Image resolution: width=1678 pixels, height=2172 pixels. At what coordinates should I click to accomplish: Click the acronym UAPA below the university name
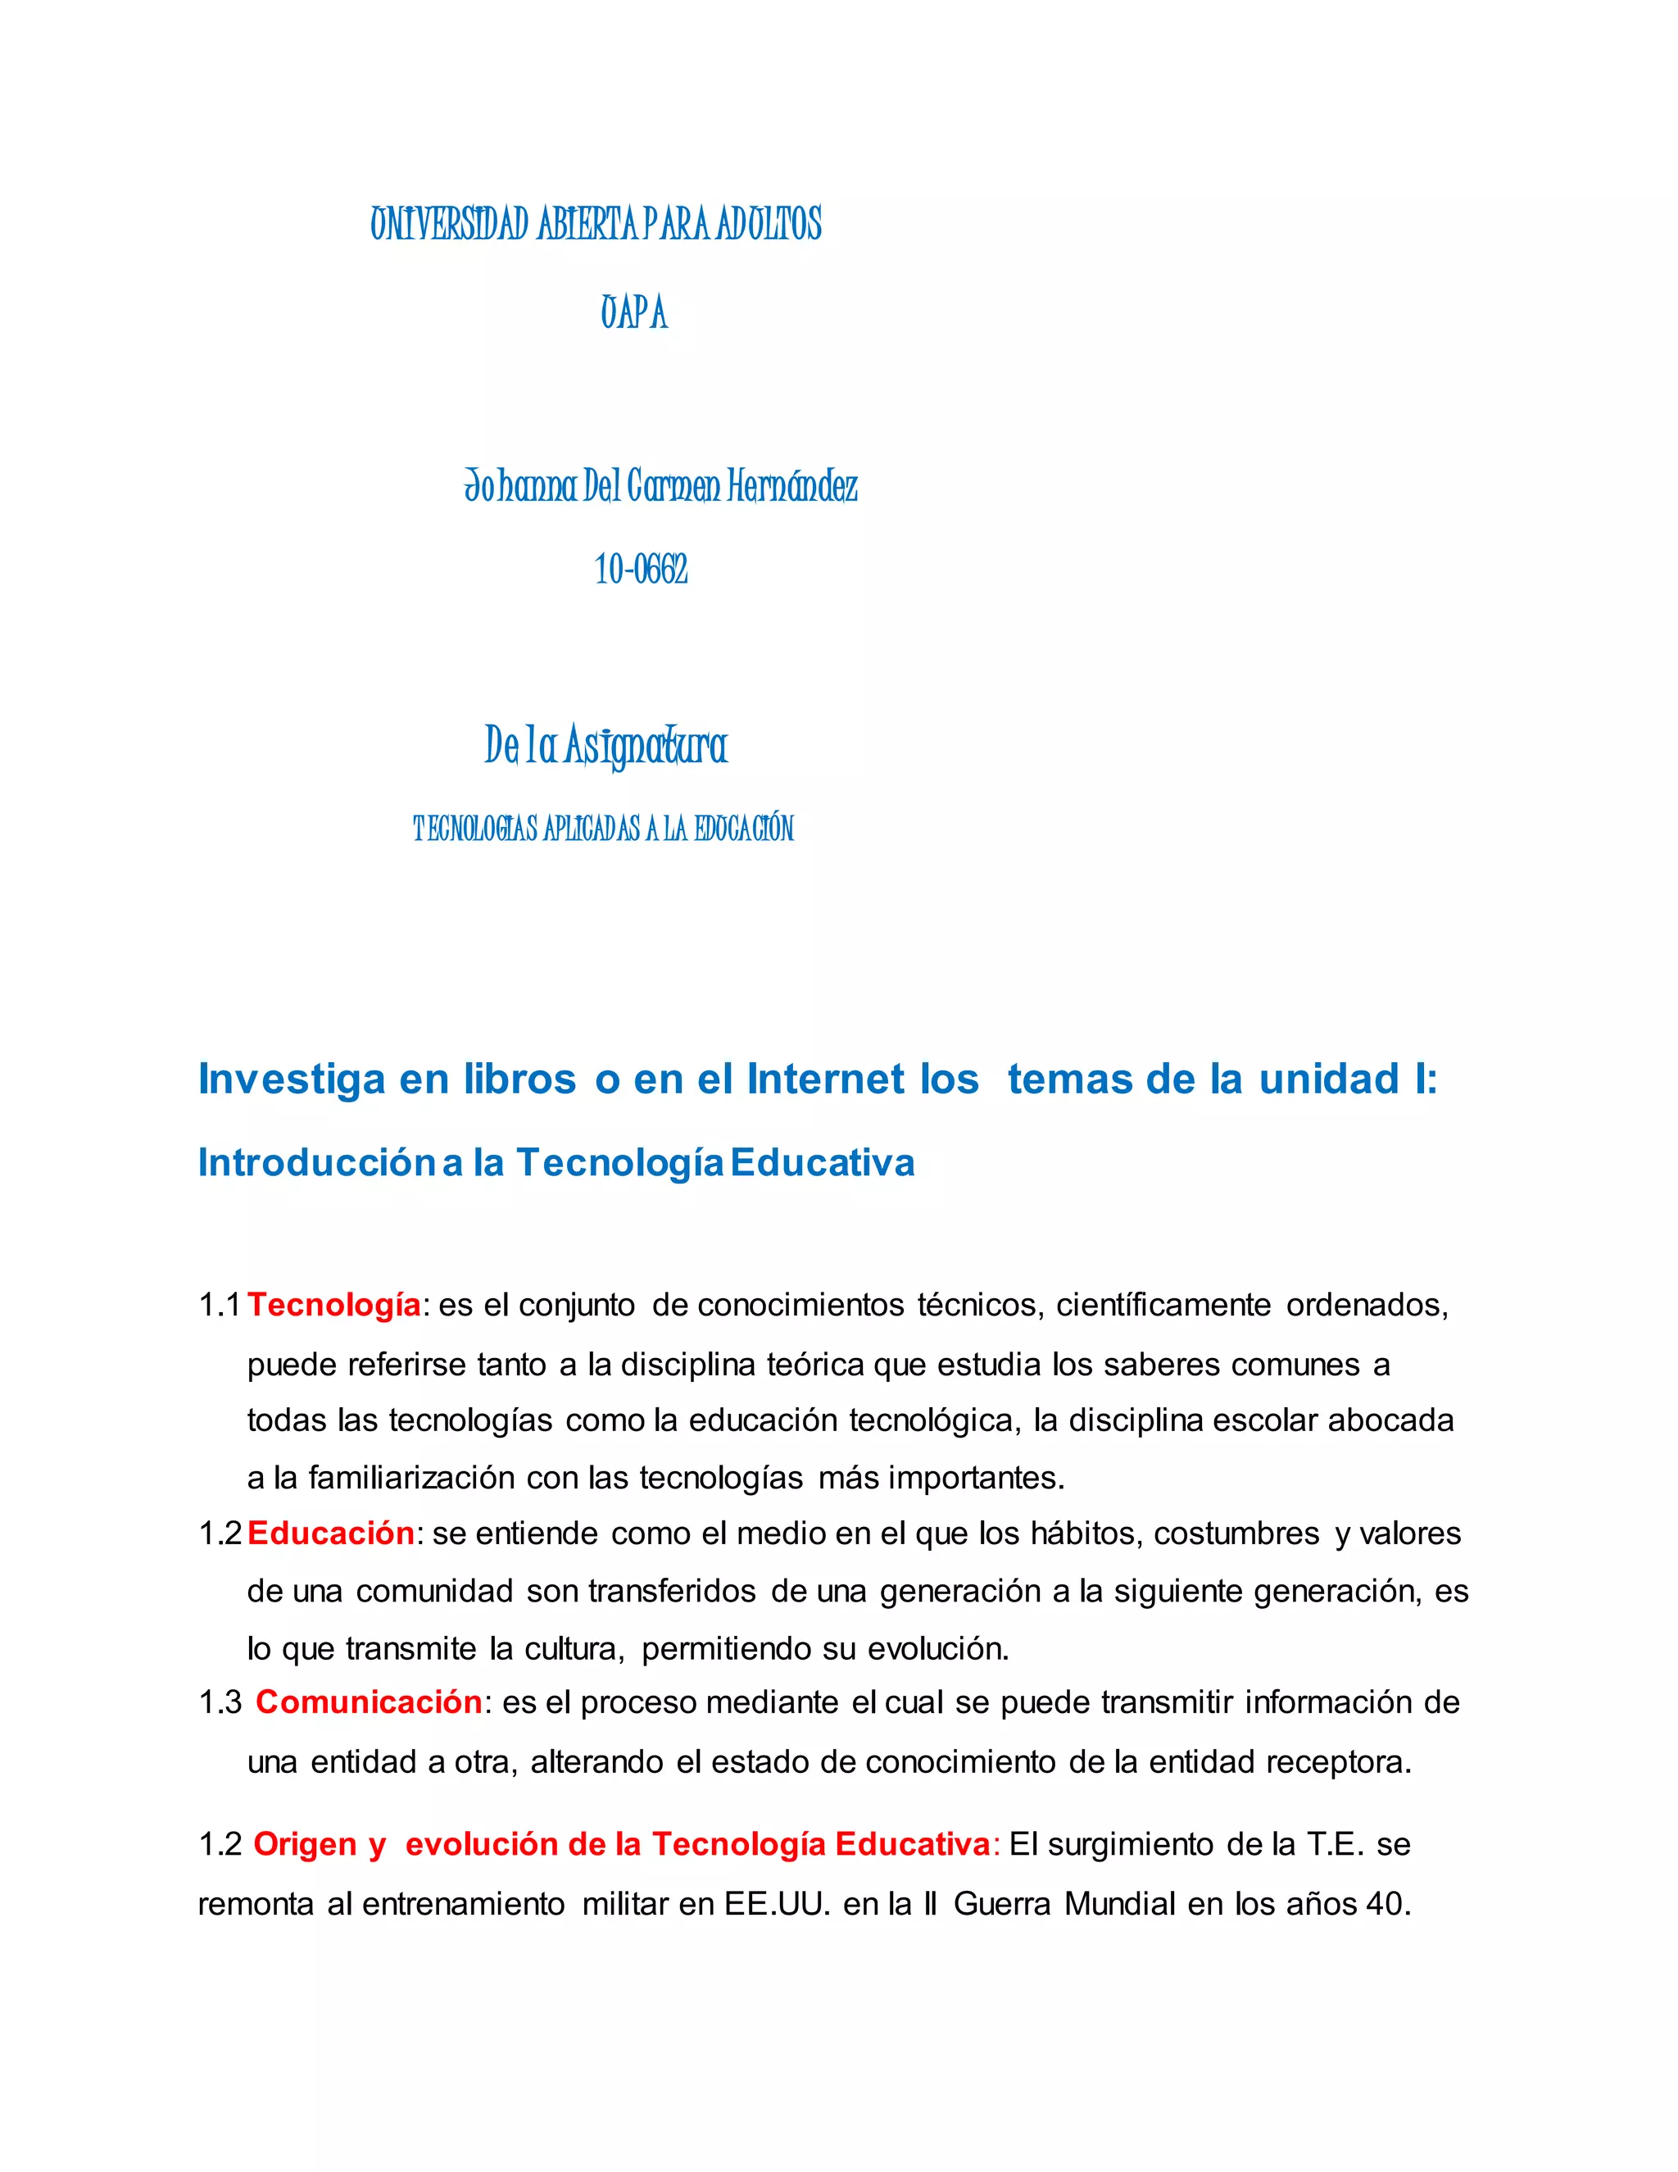(633, 313)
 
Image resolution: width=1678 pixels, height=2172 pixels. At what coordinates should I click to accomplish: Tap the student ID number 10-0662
(642, 570)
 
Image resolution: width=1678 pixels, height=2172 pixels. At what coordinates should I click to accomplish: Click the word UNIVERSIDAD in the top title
(449, 225)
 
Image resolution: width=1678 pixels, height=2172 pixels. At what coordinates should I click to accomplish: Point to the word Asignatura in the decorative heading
(646, 746)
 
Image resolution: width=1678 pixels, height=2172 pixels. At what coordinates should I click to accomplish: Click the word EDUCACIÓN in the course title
(744, 829)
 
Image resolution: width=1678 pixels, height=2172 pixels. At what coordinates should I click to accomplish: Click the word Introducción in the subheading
(316, 1162)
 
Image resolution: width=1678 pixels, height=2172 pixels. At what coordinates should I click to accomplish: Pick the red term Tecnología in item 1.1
(334, 1305)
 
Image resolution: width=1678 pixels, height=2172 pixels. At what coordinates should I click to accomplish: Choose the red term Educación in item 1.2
(331, 1534)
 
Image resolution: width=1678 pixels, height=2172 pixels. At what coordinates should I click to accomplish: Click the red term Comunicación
(369, 1702)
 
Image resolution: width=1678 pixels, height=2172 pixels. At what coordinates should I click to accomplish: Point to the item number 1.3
(220, 1702)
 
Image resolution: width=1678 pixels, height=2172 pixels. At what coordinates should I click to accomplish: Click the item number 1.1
(220, 1305)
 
